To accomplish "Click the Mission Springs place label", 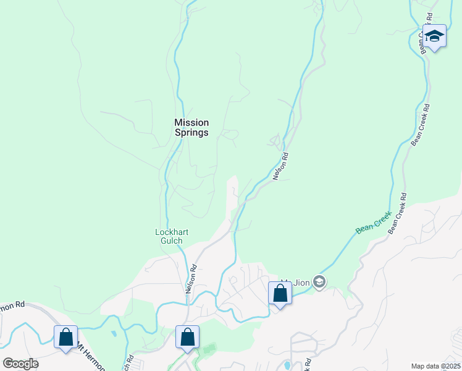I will (191, 127).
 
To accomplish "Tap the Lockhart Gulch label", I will (171, 236).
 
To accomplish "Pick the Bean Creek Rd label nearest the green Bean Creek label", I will (397, 213).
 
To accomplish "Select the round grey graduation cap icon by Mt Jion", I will (319, 283).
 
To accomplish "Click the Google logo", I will (20, 364).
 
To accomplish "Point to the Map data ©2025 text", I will (435, 366).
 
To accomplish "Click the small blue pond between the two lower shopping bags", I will (114, 334).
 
